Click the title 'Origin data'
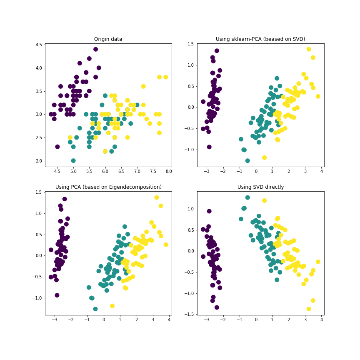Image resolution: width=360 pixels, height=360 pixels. tap(108, 39)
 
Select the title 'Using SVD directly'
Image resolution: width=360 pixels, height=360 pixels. tap(260, 187)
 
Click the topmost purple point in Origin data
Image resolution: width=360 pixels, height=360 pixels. tap(95, 49)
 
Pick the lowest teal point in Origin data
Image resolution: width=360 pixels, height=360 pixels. tap(73, 160)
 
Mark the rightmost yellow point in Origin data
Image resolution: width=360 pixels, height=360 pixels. tap(165, 77)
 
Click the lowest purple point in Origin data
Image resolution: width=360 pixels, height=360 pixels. tap(57, 147)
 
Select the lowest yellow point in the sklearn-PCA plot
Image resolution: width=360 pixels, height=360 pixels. tap(264, 157)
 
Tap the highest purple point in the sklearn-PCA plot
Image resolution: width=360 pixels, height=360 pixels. tap(217, 51)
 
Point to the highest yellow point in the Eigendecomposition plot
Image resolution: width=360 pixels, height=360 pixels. tap(157, 197)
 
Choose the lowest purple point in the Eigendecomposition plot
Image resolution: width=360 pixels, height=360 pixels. tap(57, 295)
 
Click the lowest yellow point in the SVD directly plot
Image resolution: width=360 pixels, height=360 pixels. tap(309, 309)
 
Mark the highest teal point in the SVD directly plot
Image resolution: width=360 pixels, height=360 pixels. tap(247, 197)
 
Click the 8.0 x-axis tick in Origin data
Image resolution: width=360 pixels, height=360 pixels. tap(169, 171)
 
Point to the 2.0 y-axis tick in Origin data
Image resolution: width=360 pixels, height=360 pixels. tap(38, 161)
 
